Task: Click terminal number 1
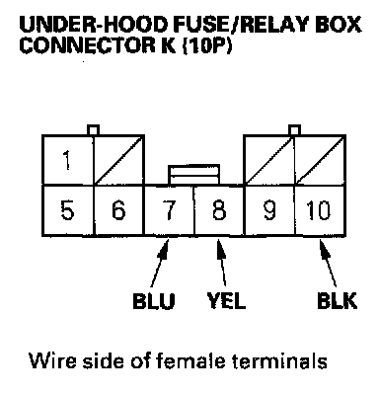pos(68,160)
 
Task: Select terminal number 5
pos(68,210)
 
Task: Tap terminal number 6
pos(118,210)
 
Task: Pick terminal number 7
pos(170,210)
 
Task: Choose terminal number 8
pos(219,210)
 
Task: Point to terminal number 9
pos(269,210)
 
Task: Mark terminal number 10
pos(320,210)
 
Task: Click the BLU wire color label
pos(154,300)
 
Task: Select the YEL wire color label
pos(226,300)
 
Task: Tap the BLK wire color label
pos(337,300)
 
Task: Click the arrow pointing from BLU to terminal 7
pos(160,264)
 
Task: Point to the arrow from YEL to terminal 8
pos(221,264)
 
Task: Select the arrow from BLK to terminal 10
pos(328,264)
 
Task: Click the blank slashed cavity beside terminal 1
pos(119,160)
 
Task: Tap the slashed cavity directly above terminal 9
pos(269,160)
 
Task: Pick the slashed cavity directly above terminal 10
pos(320,160)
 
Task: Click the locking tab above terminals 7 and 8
pos(193,175)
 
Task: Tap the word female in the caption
pos(190,360)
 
